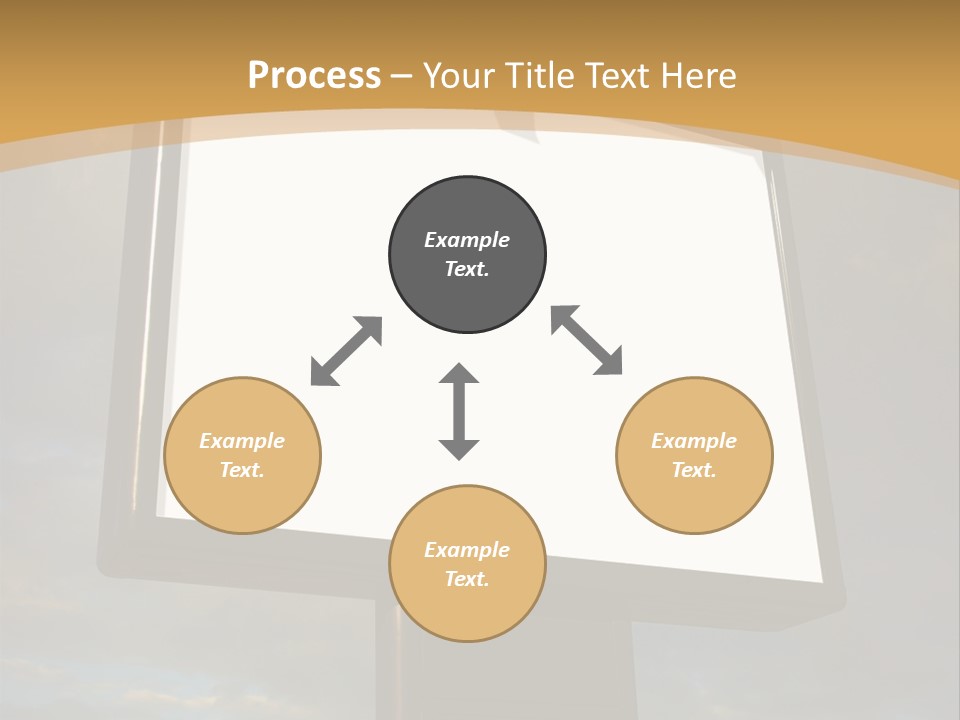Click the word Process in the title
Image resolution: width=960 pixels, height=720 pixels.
(x=314, y=76)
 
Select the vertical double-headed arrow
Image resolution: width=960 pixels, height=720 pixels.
(x=459, y=411)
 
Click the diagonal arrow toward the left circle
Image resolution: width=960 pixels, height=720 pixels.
(x=347, y=350)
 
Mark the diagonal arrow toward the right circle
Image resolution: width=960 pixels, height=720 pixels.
(x=587, y=340)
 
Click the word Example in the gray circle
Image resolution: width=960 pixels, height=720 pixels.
(x=467, y=240)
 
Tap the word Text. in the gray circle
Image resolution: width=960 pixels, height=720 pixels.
(x=467, y=269)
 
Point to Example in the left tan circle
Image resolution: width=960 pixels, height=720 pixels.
(x=242, y=441)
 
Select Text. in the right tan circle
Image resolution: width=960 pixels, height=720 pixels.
(x=694, y=470)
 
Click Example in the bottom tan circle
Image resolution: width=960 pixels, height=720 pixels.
(x=467, y=550)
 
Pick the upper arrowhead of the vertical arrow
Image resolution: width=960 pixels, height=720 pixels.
(x=459, y=374)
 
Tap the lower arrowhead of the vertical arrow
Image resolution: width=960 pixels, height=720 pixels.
(x=459, y=449)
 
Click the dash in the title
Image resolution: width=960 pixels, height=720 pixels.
(x=402, y=76)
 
